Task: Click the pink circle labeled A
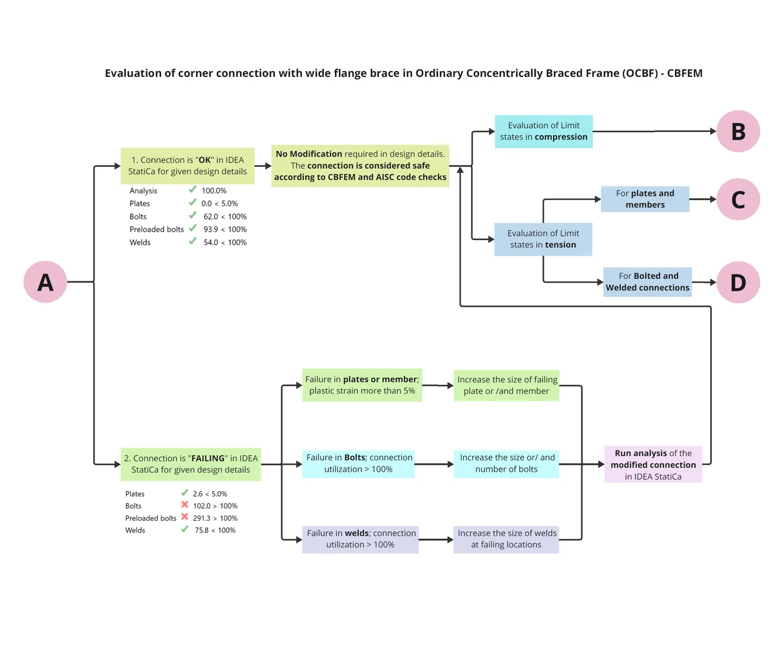coord(45,281)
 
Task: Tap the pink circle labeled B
coord(738,131)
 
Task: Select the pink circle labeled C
coord(738,199)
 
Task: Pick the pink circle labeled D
coord(738,282)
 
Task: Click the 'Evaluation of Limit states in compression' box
coord(543,131)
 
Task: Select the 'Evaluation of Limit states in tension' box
coord(543,239)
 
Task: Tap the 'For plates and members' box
coord(645,199)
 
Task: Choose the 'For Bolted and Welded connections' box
coord(647,282)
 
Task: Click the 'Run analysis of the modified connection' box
coord(653,464)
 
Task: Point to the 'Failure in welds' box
coord(360,539)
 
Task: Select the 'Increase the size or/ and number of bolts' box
coord(506,463)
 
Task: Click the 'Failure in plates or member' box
coord(362,385)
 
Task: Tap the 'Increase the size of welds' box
coord(506,539)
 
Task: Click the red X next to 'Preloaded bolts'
coord(185,516)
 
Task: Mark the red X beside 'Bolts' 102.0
coord(185,504)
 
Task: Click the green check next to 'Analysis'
coord(193,190)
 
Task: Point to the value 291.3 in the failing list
coord(201,518)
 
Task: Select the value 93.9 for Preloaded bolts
coord(211,230)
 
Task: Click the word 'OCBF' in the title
coord(640,73)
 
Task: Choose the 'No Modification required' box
coord(360,166)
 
